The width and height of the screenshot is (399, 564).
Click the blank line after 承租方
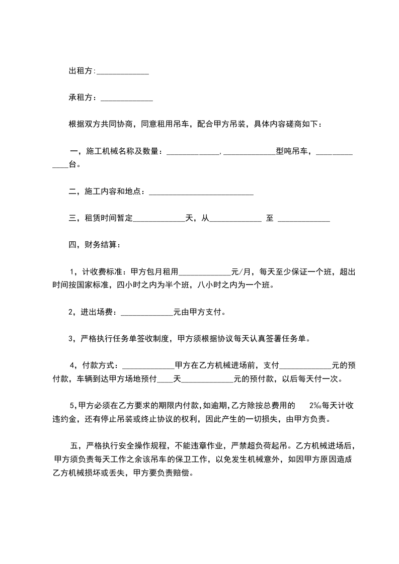pyautogui.click(x=127, y=98)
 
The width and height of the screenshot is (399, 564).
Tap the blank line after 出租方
pyautogui.click(x=123, y=71)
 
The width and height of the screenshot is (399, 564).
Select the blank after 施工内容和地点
pyautogui.click(x=201, y=192)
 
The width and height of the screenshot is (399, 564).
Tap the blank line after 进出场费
pyautogui.click(x=147, y=312)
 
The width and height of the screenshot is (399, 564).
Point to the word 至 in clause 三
pyautogui.click(x=269, y=218)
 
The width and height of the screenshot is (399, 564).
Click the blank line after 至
pyautogui.click(x=304, y=218)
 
